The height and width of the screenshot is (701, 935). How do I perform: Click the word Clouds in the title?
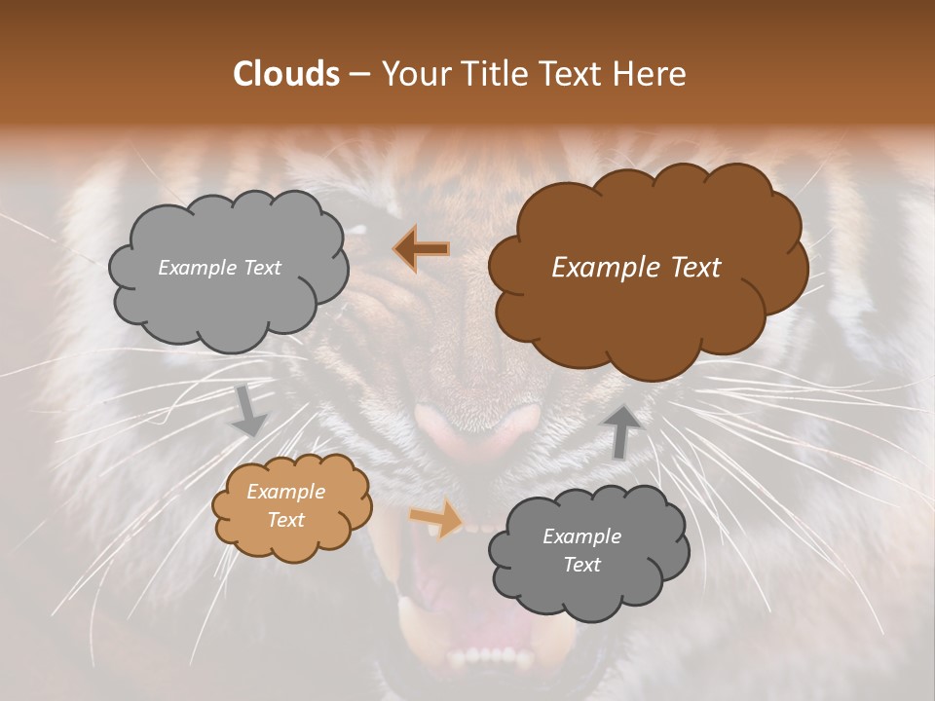click(286, 74)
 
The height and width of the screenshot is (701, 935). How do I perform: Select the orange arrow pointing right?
click(436, 517)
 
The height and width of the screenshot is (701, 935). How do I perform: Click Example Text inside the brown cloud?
click(636, 268)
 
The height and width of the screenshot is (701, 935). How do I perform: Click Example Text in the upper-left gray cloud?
click(219, 268)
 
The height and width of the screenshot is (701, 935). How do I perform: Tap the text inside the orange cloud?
click(285, 506)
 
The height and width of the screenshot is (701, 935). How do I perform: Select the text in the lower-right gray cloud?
click(581, 550)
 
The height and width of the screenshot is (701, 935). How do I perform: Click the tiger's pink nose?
click(477, 428)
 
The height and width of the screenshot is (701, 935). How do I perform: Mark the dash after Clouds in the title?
click(359, 75)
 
